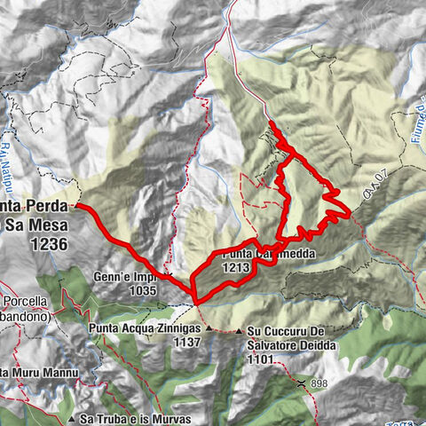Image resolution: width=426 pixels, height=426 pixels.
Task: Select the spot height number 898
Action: pyautogui.click(x=322, y=384)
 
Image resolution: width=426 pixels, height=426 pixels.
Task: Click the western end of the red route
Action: pyautogui.click(x=77, y=205)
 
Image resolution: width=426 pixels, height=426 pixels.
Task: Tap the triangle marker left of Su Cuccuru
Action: pyautogui.click(x=241, y=334)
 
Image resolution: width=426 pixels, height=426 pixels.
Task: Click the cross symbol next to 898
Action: pyautogui.click(x=303, y=384)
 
